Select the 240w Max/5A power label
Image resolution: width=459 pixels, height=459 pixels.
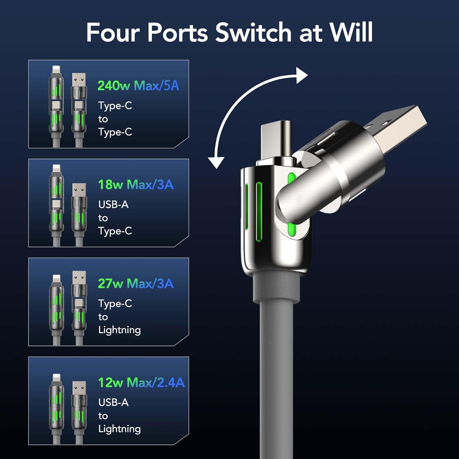point(138,86)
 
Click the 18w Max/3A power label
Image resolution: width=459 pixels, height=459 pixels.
point(136,185)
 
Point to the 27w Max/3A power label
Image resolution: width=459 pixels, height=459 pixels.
point(136,284)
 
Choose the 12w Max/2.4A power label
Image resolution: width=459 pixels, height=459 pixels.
point(141,382)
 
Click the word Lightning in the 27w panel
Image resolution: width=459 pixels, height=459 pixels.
point(119,330)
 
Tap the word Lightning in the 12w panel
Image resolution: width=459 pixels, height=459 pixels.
point(119,429)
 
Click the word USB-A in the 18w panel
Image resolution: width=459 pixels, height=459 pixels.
point(113,204)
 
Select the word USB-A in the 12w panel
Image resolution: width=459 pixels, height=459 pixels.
point(113,402)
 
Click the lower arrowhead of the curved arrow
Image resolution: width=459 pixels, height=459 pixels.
point(216,162)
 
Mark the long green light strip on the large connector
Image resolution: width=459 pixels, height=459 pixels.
point(259,211)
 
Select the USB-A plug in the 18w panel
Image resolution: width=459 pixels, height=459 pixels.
point(79,191)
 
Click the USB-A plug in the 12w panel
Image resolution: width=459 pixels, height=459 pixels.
point(79,389)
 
